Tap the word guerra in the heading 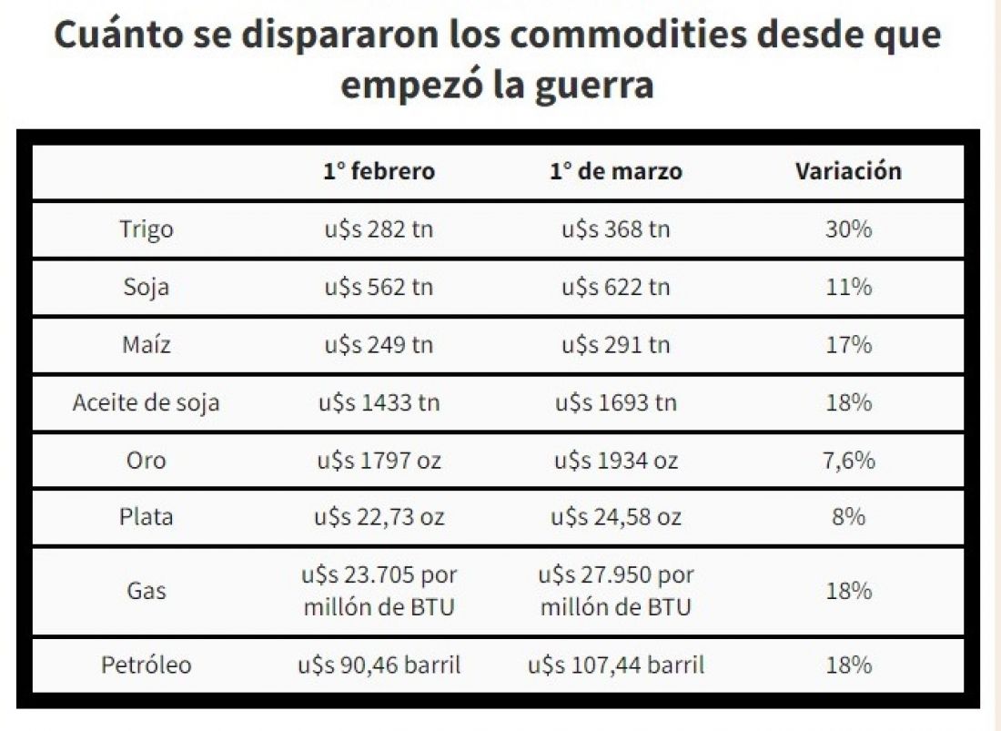594,86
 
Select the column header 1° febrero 379,171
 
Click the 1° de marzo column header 616,171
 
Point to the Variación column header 848,171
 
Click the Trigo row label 147,229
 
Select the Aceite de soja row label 147,403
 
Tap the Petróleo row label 147,665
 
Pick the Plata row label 147,516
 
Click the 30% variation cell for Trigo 848,229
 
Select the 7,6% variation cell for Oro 848,461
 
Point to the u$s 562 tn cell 379,288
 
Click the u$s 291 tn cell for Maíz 616,345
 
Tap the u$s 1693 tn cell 616,403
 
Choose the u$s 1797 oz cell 379,461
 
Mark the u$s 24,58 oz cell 616,516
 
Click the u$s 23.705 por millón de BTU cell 379,591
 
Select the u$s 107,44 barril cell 616,665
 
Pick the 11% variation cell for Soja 848,288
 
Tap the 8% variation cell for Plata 848,516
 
